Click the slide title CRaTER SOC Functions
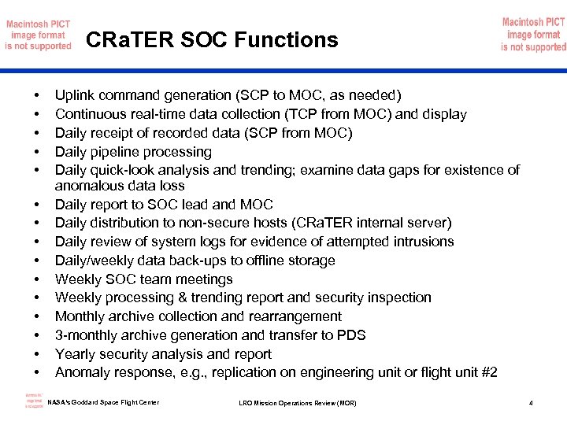coord(211,39)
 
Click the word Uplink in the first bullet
coord(76,96)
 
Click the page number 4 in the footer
coord(531,404)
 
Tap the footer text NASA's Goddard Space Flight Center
coord(103,403)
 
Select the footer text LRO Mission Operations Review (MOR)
coord(297,404)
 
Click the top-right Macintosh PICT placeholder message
coord(533,35)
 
